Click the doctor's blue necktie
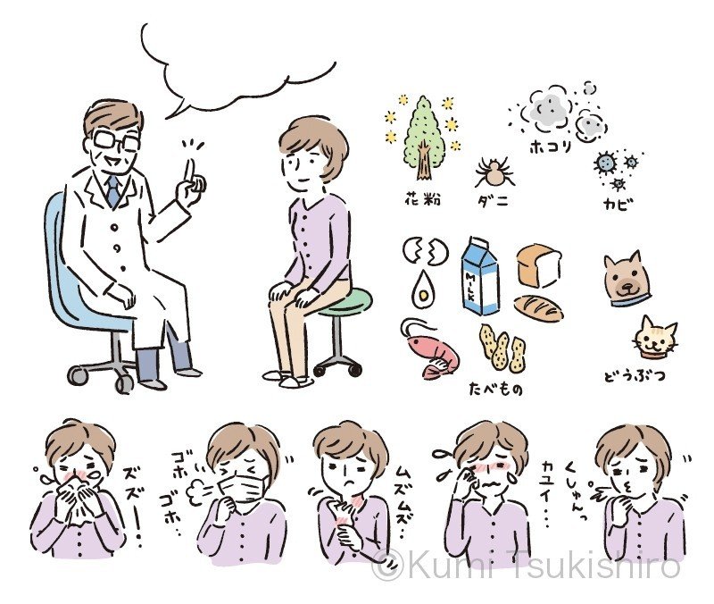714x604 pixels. click(113, 189)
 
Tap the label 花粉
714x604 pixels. click(419, 198)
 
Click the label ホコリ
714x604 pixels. click(551, 145)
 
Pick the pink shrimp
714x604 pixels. click(428, 348)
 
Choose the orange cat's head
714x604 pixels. click(654, 337)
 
